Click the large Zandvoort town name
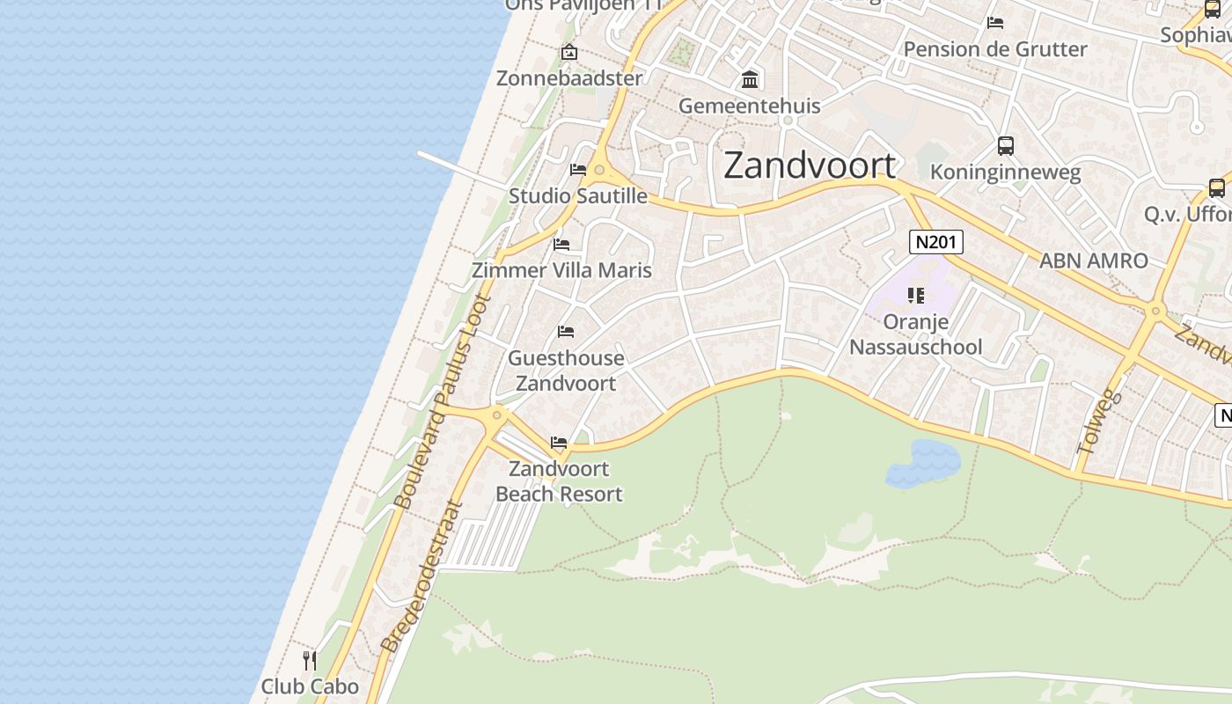[x=810, y=165]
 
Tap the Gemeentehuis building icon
[x=750, y=80]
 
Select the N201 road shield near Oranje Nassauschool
[x=935, y=242]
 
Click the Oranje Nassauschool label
[x=915, y=334]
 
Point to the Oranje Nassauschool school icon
[x=916, y=296]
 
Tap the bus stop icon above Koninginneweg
[x=1005, y=146]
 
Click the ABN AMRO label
[x=1093, y=260]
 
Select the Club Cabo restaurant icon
[x=309, y=660]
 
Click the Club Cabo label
[x=310, y=686]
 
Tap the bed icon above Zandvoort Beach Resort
[x=559, y=442]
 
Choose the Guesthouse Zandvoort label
[x=566, y=370]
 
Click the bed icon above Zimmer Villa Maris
[x=561, y=244]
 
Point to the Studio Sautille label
[x=577, y=196]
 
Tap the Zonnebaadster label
[x=569, y=78]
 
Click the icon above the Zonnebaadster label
[x=569, y=52]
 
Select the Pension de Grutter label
[x=995, y=49]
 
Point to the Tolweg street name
[x=1100, y=422]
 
